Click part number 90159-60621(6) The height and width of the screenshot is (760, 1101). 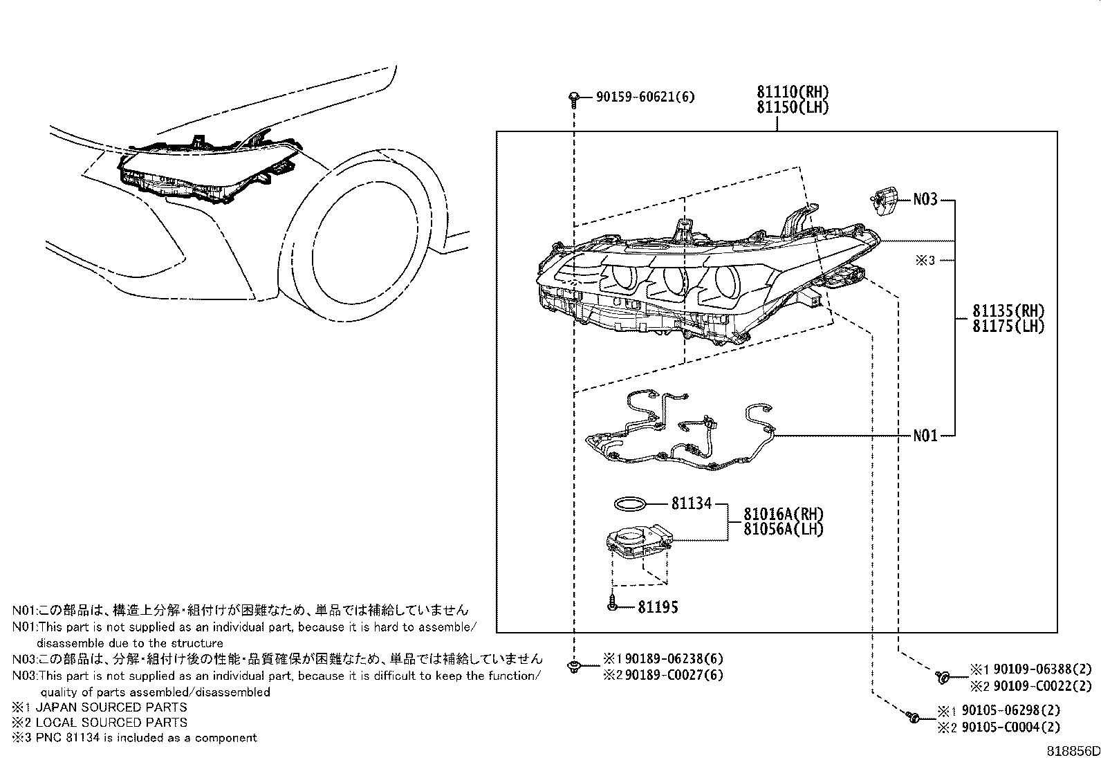click(x=645, y=98)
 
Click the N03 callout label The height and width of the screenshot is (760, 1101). click(x=925, y=200)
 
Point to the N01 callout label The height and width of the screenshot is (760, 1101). click(x=925, y=436)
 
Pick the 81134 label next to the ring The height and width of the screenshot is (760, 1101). click(x=691, y=503)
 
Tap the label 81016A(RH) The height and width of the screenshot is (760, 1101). click(x=784, y=514)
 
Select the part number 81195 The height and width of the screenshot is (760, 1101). click(x=658, y=607)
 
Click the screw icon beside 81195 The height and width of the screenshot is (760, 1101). click(x=612, y=605)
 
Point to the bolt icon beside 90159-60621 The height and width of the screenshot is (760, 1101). click(x=573, y=99)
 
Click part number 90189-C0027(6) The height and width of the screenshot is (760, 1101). click(x=674, y=675)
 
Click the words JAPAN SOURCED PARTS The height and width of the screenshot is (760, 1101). click(x=111, y=707)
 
